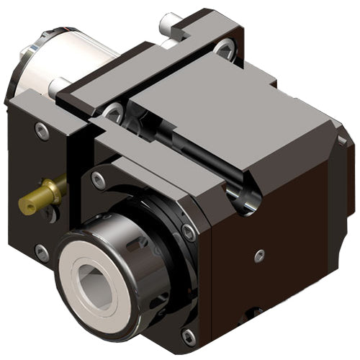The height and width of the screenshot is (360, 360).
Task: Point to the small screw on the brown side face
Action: (260, 254)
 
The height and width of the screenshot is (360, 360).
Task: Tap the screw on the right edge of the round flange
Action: (189, 232)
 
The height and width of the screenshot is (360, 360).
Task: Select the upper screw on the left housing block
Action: (42, 130)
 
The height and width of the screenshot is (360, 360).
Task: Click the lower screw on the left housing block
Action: (42, 252)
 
